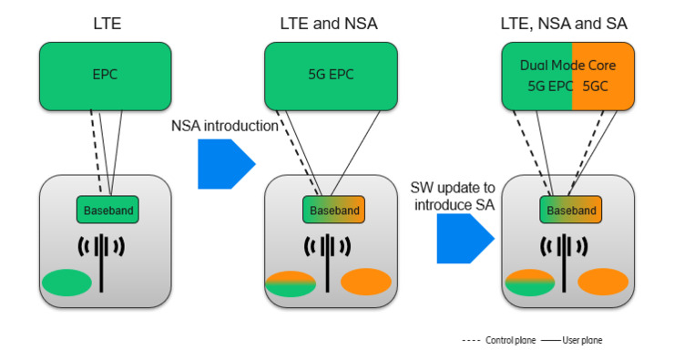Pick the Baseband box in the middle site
pyautogui.click(x=333, y=211)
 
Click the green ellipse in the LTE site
pyautogui.click(x=66, y=283)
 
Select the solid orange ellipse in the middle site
pyautogui.click(x=366, y=282)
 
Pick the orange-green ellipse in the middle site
pyautogui.click(x=290, y=283)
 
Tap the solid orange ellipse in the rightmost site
pyautogui.click(x=603, y=282)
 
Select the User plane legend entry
pyautogui.click(x=571, y=340)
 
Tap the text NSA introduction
pyautogui.click(x=224, y=126)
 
